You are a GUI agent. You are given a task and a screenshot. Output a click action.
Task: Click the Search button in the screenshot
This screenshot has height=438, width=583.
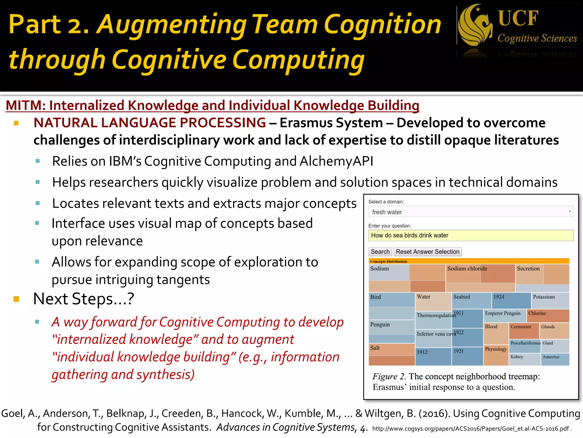(380, 252)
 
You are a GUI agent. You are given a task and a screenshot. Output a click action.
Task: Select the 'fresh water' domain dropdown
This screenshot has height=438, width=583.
(471, 212)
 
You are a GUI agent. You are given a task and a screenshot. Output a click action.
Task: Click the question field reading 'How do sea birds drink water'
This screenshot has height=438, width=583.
(471, 235)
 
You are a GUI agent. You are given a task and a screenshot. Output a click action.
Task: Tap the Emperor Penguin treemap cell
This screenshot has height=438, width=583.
(503, 313)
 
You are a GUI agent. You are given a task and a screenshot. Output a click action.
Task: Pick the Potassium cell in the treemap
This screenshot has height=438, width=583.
(544, 297)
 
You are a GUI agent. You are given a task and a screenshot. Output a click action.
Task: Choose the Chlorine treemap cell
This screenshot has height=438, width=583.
(537, 313)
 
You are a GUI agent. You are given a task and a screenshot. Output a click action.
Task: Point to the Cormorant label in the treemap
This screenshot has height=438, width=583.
(521, 327)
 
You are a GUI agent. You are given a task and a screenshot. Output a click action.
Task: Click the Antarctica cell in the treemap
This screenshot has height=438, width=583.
(551, 357)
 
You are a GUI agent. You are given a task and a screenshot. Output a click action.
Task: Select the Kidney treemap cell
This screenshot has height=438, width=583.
(517, 357)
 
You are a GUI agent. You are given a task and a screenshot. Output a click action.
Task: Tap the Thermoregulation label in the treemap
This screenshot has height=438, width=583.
(436, 315)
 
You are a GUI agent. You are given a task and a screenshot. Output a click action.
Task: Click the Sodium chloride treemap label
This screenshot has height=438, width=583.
(467, 269)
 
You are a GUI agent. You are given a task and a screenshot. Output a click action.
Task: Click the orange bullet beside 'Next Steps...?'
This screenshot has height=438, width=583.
(16, 299)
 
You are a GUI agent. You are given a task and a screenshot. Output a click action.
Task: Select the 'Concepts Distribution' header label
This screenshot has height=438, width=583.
(388, 261)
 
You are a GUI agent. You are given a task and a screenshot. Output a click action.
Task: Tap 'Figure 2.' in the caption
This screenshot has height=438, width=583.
(389, 376)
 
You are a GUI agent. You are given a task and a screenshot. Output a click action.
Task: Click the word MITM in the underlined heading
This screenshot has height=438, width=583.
(23, 106)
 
